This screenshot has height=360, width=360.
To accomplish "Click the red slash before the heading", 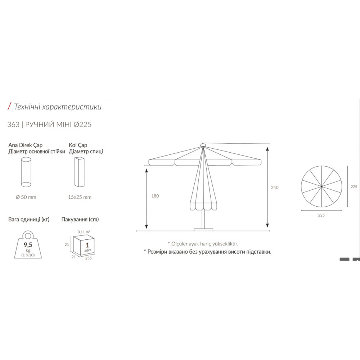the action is coord(9,106).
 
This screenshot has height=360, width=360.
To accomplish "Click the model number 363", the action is coord(13,125).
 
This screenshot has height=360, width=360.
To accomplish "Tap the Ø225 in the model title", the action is coord(82,125).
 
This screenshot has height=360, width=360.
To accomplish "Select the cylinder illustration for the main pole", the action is coord(26,172).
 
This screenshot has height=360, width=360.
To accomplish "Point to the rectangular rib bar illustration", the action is coord(80,172).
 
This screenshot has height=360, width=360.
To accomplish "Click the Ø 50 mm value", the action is coord(26,197).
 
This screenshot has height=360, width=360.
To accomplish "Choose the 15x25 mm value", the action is coord(80,197).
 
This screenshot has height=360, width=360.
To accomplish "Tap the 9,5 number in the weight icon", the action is coord(28,245).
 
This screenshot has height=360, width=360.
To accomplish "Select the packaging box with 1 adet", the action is coord(84,245).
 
